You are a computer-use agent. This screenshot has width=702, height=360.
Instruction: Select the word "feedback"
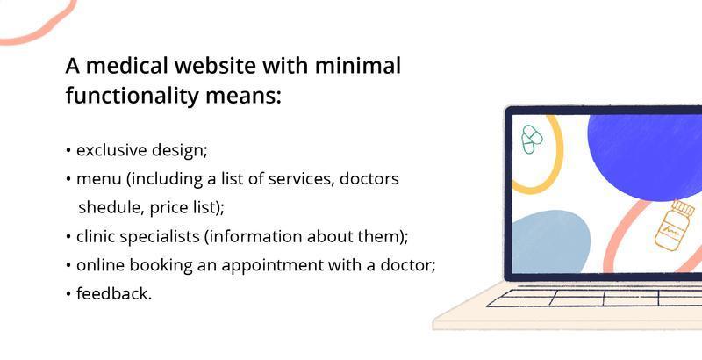point(113,293)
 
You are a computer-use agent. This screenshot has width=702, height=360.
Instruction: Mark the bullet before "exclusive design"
point(68,151)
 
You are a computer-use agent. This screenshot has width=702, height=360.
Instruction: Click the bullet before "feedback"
point(68,294)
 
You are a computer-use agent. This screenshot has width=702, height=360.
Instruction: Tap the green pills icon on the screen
point(532,139)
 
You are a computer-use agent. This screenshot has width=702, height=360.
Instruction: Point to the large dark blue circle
point(645,145)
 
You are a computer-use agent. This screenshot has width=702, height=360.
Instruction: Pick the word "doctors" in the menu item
point(369,179)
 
